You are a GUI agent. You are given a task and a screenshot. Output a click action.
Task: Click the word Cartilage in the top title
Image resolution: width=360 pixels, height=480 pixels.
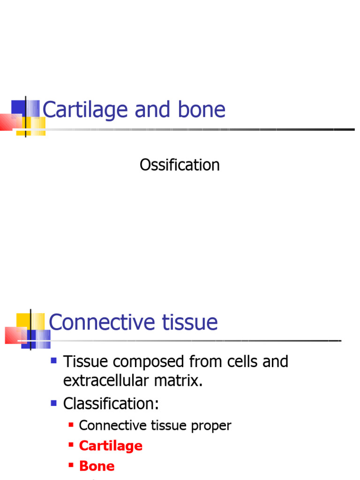85,110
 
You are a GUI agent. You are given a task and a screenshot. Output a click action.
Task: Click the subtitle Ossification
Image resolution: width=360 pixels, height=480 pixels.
180,165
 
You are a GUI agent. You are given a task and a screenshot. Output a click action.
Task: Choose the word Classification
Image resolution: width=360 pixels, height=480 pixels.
111,403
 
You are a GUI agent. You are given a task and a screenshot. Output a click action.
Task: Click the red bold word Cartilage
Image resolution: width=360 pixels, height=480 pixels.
111,446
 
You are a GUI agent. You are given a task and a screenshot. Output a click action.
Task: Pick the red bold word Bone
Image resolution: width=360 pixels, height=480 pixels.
97,466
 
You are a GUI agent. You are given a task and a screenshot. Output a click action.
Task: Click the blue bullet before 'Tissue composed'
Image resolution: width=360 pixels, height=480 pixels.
54,361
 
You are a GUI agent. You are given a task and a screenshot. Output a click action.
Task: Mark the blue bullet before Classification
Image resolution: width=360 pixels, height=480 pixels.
54,402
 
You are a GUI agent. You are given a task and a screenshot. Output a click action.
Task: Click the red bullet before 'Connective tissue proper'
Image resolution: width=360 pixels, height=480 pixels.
71,425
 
